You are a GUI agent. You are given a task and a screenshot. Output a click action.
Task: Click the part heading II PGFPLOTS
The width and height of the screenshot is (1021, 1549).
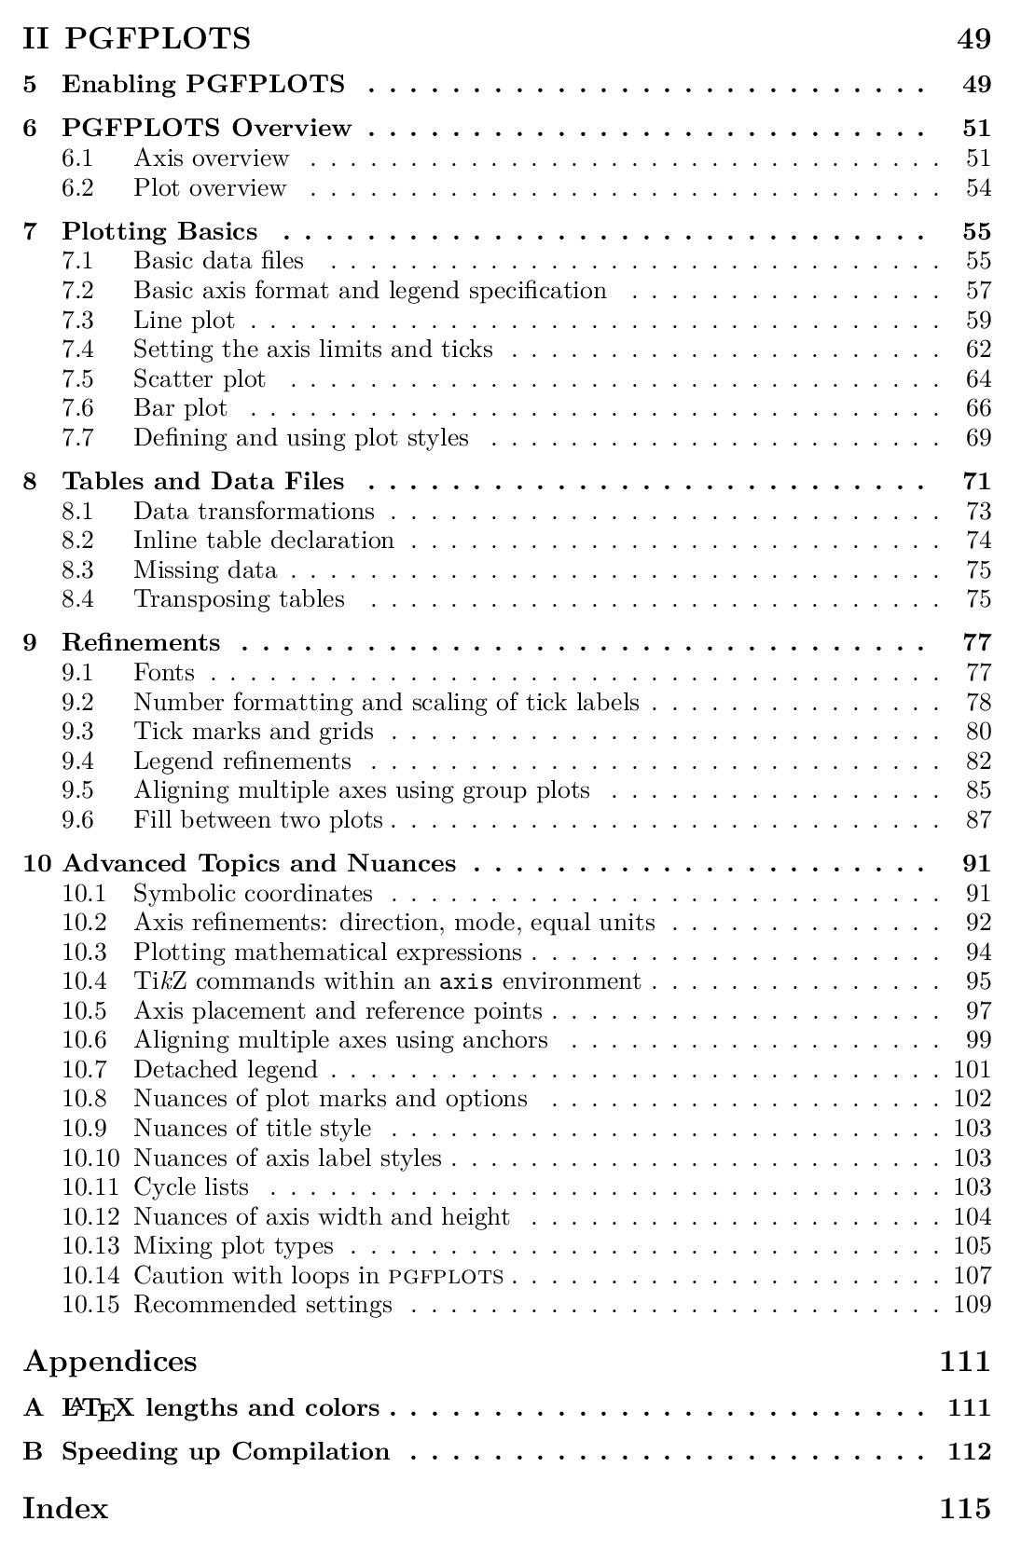point(137,38)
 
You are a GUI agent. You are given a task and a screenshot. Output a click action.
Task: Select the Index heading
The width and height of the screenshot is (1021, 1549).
point(65,1508)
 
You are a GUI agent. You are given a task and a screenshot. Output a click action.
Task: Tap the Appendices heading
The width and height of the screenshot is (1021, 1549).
point(110,1361)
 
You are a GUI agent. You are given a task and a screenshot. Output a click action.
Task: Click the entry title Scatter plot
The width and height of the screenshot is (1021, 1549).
point(199,379)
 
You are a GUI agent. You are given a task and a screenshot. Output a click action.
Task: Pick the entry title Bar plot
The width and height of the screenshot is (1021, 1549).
point(180,408)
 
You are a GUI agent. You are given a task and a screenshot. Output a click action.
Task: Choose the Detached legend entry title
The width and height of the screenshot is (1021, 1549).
point(225,1069)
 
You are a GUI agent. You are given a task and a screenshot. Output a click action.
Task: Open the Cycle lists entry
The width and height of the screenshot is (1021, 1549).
point(191,1186)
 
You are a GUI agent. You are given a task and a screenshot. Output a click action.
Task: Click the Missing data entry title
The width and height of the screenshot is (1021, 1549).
point(204,569)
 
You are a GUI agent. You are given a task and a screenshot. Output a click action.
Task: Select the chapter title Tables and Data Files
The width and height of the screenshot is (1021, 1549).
point(202,481)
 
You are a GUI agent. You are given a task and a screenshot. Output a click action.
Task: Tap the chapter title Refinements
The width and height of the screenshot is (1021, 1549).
point(141,642)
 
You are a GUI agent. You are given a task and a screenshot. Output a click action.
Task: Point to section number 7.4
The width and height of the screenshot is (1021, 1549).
point(77,350)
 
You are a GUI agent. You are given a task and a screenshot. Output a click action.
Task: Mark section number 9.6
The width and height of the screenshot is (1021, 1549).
point(77,820)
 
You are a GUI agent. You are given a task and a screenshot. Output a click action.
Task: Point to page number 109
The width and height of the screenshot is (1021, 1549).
point(973,1304)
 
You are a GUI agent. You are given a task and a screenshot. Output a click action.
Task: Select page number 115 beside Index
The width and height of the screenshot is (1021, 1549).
point(965,1508)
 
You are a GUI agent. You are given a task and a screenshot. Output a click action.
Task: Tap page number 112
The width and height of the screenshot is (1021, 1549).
point(969,1451)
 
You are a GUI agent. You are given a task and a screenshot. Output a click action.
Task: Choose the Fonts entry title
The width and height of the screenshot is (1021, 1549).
point(163,672)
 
